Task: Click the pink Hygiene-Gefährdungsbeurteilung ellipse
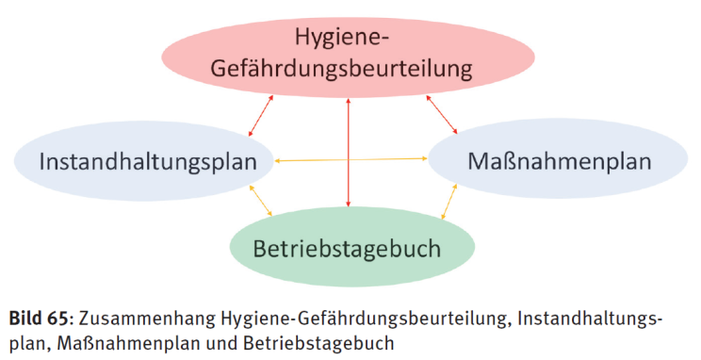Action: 348,57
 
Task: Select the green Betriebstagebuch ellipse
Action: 352,247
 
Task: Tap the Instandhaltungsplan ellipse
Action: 143,161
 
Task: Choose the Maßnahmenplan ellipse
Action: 558,158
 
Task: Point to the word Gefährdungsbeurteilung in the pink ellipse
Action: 341,70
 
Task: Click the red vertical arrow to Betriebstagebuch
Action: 349,153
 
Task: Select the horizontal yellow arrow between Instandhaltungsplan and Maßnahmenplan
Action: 350,159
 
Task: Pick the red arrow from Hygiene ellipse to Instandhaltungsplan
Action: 261,115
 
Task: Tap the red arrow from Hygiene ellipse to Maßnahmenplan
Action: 442,114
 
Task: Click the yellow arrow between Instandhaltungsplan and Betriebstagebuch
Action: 261,201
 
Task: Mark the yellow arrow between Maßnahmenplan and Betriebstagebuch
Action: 449,202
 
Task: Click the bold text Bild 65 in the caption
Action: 39,319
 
